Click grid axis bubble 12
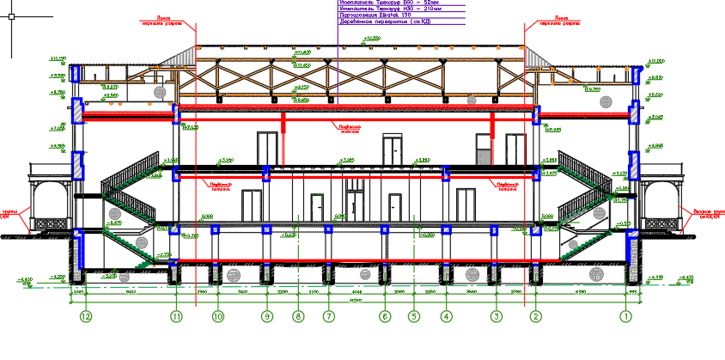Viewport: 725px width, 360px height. (x=85, y=316)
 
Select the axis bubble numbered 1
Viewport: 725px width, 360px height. (x=626, y=316)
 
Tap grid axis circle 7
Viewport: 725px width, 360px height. (x=328, y=316)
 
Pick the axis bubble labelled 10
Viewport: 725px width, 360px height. (x=218, y=316)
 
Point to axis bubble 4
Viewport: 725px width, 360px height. (x=446, y=316)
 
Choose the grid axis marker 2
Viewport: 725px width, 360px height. (x=536, y=316)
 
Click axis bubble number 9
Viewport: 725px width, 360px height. (x=267, y=316)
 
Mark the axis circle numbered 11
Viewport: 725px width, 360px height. (x=177, y=316)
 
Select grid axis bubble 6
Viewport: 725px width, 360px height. (x=385, y=316)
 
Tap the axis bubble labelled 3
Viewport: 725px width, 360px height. (x=496, y=316)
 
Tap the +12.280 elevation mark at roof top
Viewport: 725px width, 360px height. (x=372, y=40)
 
